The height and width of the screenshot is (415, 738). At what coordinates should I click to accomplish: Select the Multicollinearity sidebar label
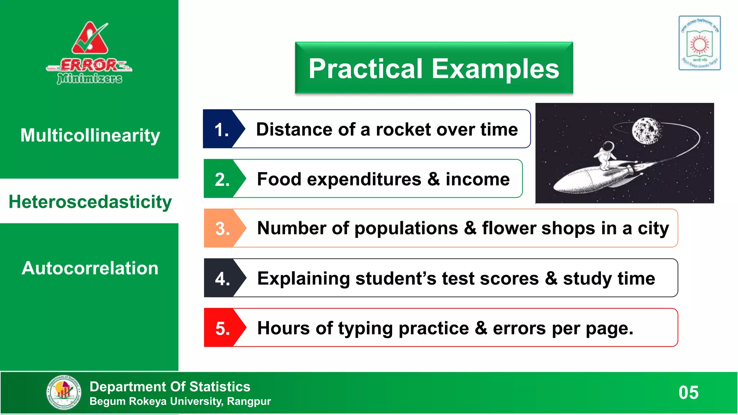pos(90,135)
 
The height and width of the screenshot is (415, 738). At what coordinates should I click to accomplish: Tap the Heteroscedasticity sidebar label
pos(90,202)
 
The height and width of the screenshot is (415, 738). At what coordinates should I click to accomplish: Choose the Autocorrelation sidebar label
pos(90,268)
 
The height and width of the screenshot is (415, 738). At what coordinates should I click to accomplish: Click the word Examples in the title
pos(495,69)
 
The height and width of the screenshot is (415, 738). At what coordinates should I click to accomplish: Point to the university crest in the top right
pos(699,43)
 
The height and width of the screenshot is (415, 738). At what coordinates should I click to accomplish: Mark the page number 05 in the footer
pos(688,393)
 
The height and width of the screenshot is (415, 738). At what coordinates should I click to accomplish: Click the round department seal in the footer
pos(64,392)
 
